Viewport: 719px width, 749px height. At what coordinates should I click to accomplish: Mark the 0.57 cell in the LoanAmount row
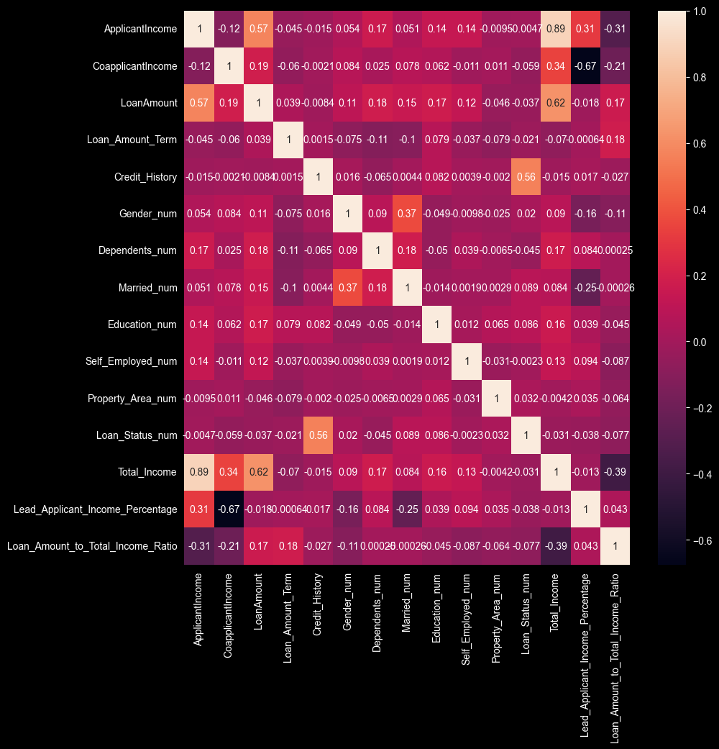(199, 103)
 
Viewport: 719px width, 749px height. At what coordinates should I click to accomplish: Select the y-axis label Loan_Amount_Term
(131, 140)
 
